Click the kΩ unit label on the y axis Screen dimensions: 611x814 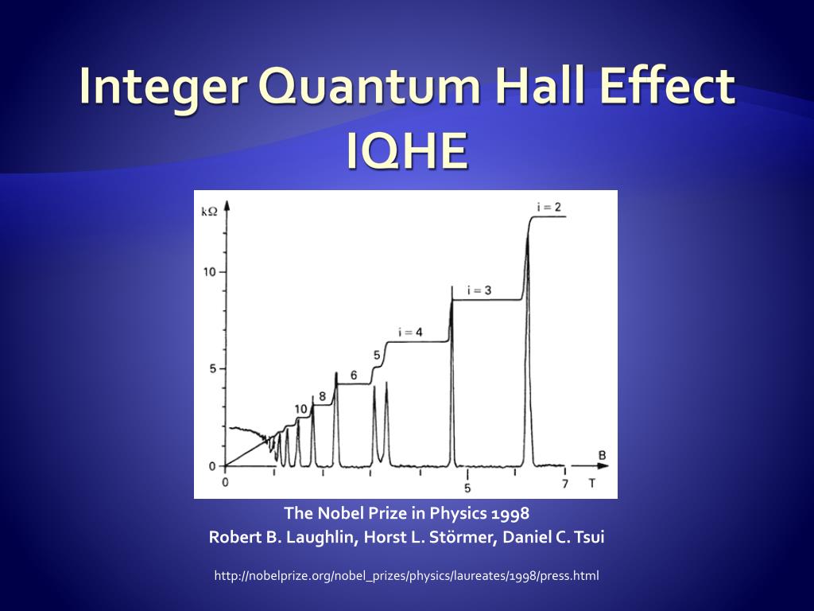209,211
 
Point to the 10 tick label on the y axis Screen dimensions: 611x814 209,271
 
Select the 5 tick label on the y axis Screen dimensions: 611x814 211,369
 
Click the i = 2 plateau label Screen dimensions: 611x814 549,207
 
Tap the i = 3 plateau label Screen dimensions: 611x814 479,290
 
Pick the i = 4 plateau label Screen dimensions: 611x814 410,332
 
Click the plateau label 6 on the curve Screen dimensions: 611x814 354,375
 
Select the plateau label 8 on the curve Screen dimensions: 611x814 322,395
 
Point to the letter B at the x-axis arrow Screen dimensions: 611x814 603,455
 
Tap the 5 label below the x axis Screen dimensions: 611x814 468,488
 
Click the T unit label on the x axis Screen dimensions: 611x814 591,483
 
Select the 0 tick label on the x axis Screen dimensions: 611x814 225,482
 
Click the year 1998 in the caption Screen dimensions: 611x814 511,513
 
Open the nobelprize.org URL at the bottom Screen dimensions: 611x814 406,575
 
